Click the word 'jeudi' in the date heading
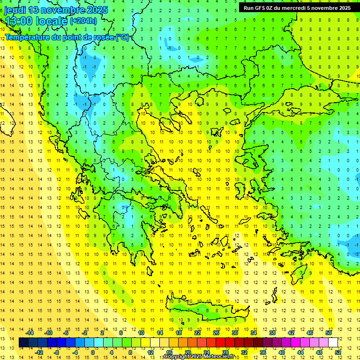[15, 10]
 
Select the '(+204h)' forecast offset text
[83, 21]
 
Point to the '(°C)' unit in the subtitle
[123, 37]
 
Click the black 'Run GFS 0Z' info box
[297, 7]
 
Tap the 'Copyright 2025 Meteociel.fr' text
[199, 357]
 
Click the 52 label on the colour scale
[338, 352]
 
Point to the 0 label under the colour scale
[93, 352]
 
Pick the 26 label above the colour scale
[216, 333]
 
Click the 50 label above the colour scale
[329, 333]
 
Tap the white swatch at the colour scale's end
[333, 343]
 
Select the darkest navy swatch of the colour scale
[24, 343]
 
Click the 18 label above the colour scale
[179, 333]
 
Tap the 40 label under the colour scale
[282, 352]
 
